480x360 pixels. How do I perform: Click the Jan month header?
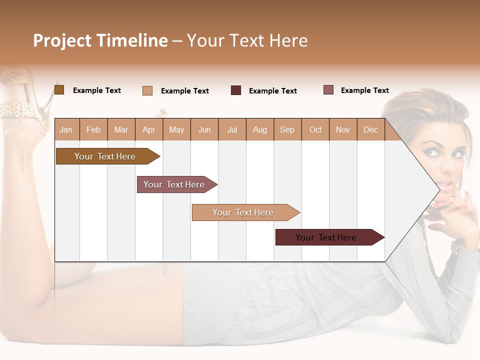(x=66, y=130)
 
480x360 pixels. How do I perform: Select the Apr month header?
(x=148, y=130)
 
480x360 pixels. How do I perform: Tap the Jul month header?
(x=232, y=130)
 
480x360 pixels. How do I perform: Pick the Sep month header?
(x=287, y=130)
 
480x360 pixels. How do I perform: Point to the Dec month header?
(x=370, y=130)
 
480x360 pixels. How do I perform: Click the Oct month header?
(x=315, y=130)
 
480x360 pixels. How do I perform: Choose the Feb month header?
(x=93, y=130)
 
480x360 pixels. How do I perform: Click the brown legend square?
(x=59, y=90)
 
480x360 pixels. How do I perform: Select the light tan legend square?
(x=147, y=90)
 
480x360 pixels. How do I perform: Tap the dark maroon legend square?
(x=236, y=90)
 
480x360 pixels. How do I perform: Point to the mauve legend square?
(x=328, y=90)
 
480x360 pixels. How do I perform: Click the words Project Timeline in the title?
(x=100, y=40)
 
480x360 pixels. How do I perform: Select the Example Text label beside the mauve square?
(x=364, y=90)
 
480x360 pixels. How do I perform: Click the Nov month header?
(x=343, y=130)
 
